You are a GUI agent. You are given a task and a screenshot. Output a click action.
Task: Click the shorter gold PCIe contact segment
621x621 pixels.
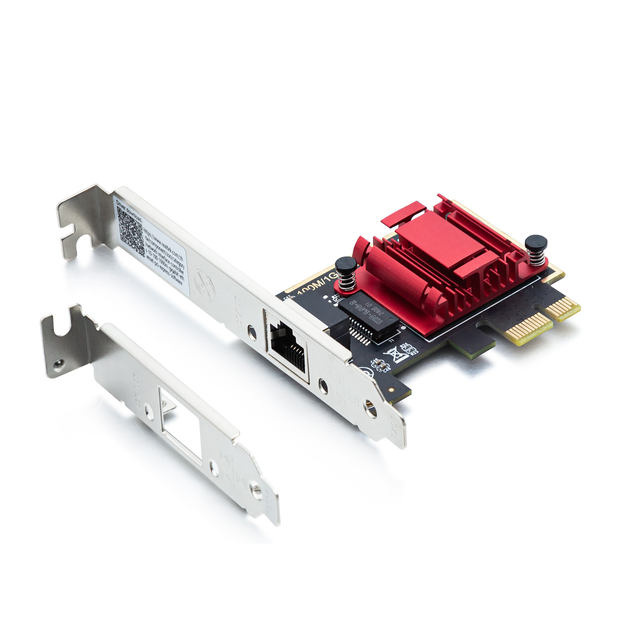click(565, 309)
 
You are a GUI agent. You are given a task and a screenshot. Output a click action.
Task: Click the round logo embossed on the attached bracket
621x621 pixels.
click(204, 284)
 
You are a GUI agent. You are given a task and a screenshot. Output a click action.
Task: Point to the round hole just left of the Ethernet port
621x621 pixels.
click(252, 333)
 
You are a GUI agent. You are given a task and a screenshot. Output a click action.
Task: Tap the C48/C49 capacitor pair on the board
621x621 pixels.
click(380, 364)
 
